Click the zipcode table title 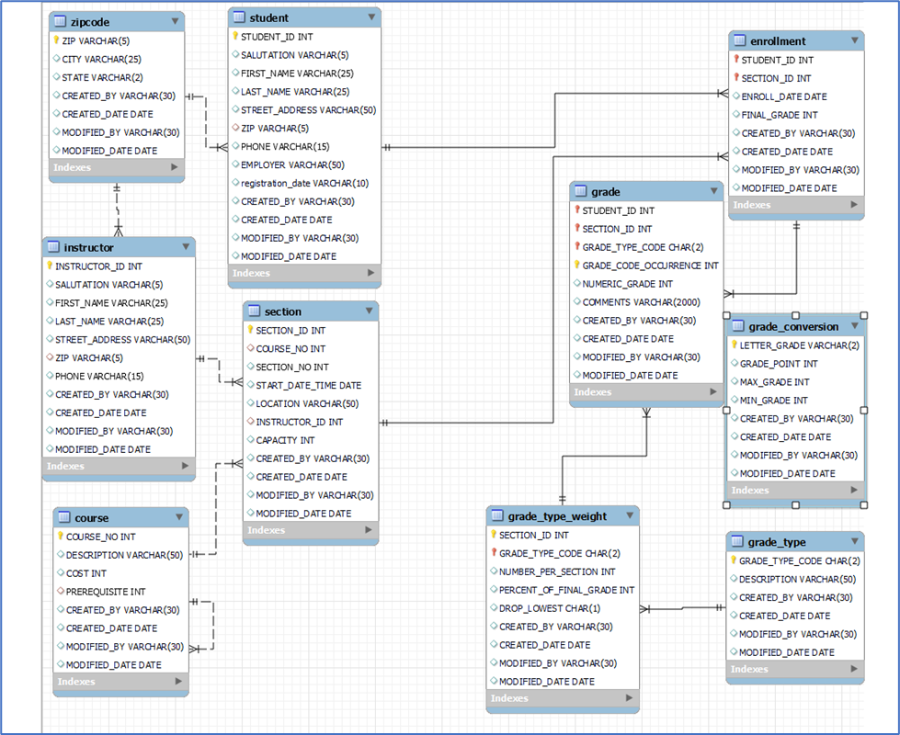92,21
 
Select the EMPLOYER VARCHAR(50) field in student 292,164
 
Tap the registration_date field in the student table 304,183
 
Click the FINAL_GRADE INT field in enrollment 780,115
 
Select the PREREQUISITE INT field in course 106,592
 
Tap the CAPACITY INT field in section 285,440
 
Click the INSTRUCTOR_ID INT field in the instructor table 98,266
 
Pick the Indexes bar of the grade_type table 794,669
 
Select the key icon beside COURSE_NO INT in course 60,537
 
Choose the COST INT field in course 86,573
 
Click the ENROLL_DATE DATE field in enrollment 784,96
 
